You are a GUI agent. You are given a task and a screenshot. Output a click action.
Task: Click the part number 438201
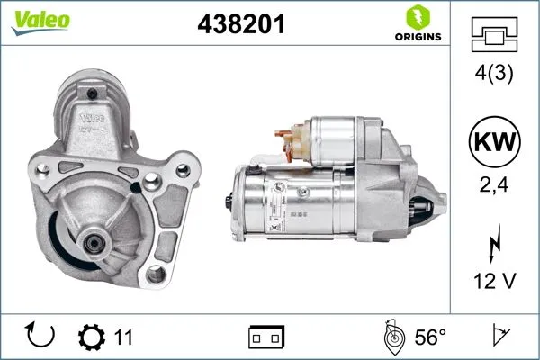pyautogui.click(x=241, y=25)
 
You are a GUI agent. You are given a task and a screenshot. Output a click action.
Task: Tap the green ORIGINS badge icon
pyautogui.click(x=417, y=18)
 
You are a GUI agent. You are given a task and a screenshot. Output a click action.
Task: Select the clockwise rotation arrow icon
pyautogui.click(x=42, y=337)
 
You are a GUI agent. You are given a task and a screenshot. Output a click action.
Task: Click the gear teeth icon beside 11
pyautogui.click(x=91, y=337)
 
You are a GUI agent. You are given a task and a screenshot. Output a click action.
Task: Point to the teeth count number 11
pyautogui.click(x=124, y=337)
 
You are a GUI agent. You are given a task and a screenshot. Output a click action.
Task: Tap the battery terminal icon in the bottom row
pyautogui.click(x=267, y=337)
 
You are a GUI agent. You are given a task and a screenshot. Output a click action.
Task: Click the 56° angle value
pyautogui.click(x=430, y=337)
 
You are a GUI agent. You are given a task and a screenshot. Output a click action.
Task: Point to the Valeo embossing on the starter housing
pyautogui.click(x=93, y=118)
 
